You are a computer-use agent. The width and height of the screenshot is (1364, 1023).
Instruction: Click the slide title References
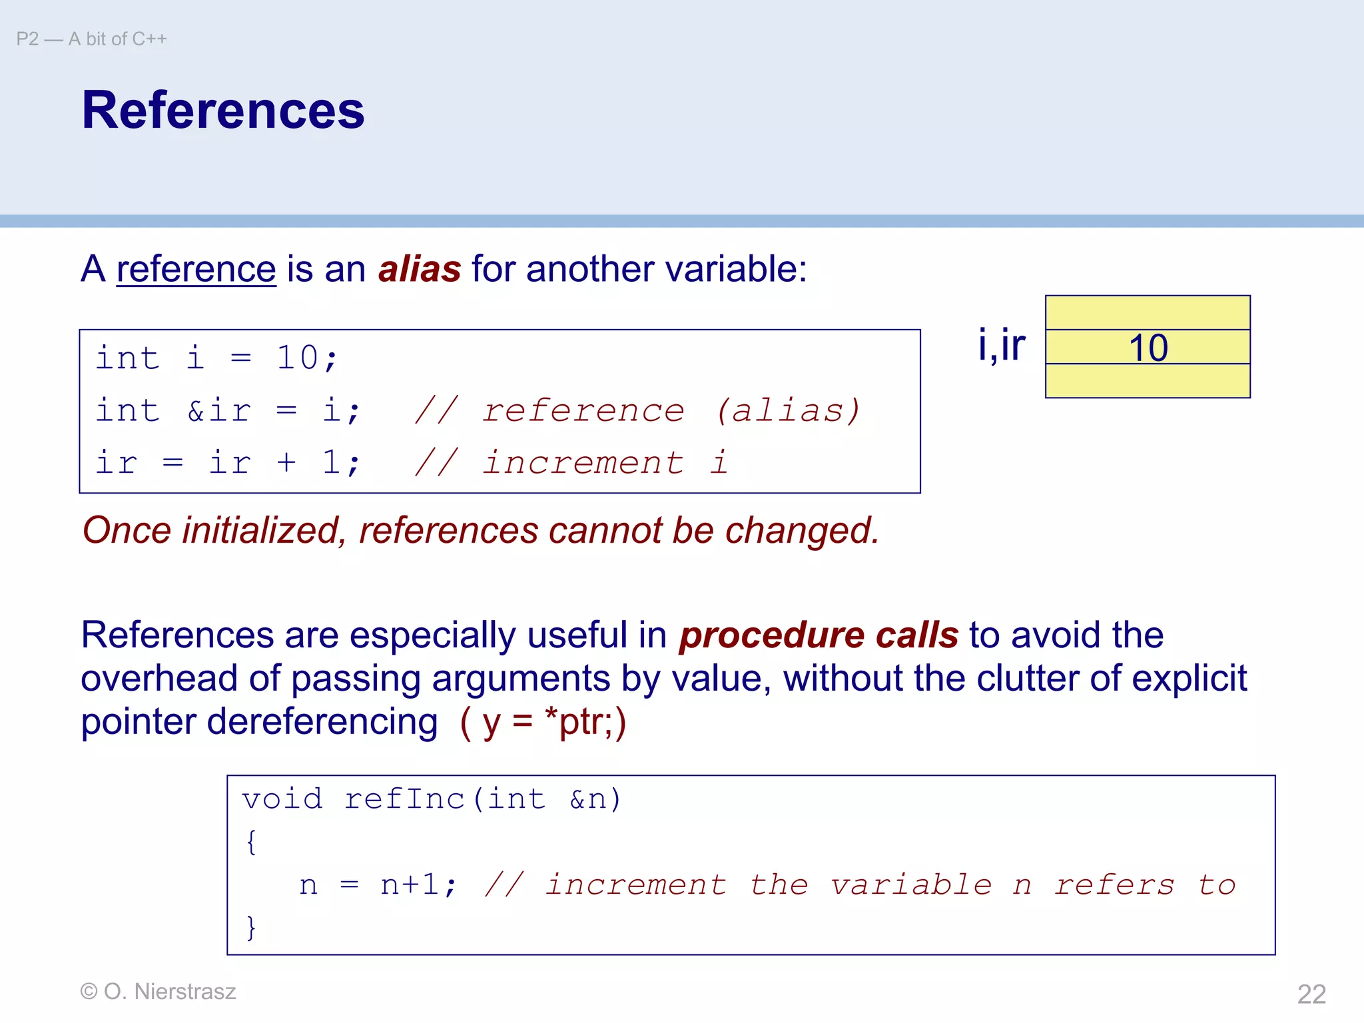223,111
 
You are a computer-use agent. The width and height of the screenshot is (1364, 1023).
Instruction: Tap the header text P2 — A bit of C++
92,39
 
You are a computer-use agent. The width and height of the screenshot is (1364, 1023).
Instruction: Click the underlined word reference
196,270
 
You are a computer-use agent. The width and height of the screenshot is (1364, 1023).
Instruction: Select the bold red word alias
420,270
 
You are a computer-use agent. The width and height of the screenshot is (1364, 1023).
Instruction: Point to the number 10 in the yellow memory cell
1148,348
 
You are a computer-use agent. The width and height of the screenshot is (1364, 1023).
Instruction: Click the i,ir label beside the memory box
1001,345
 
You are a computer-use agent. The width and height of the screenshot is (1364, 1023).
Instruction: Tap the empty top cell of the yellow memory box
1148,313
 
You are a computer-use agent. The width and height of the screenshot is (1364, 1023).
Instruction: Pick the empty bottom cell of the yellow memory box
1148,381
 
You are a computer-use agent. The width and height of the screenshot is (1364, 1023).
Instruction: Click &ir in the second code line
219,410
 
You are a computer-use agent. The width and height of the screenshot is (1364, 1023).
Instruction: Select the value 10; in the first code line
307,358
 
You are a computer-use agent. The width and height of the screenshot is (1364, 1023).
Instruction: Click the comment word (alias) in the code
788,410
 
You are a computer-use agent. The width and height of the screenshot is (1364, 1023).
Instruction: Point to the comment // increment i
571,462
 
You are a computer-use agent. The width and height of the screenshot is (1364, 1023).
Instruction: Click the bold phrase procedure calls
819,635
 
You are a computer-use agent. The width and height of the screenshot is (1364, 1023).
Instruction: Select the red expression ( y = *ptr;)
543,723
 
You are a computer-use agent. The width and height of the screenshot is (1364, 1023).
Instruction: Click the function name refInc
404,799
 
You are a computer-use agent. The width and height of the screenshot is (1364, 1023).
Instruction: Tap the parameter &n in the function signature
588,799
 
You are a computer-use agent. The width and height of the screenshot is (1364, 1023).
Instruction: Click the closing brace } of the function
251,927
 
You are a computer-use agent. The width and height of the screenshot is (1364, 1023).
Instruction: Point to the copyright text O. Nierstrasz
169,992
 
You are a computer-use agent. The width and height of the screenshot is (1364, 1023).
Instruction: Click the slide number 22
1311,994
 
